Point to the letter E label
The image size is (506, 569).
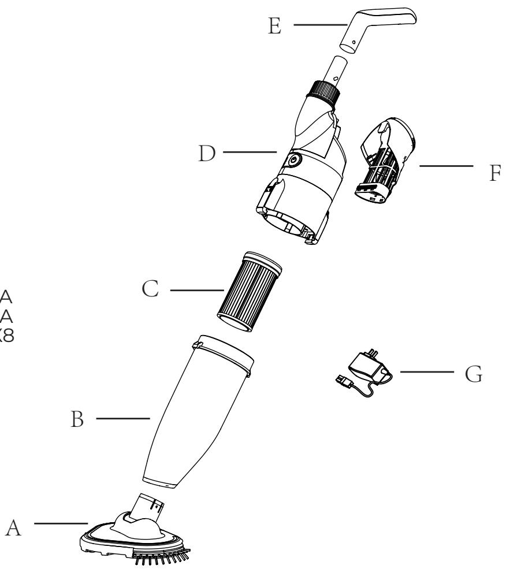(x=276, y=26)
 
